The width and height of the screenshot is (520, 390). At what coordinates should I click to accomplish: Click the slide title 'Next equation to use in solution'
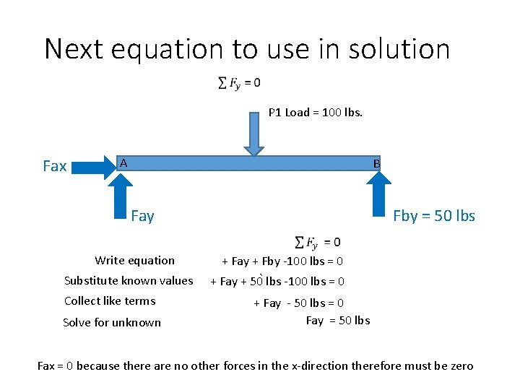coord(247,49)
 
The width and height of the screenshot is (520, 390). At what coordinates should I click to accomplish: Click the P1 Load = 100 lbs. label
coord(316,112)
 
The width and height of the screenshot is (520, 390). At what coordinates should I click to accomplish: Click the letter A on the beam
coord(123,163)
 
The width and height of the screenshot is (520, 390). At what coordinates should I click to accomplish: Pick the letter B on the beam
coord(376,164)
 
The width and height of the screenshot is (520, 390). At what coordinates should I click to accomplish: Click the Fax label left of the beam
coord(55,166)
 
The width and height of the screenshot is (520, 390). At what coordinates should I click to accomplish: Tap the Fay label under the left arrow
coord(142,216)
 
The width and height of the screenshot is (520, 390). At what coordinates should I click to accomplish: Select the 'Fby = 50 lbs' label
coord(433,216)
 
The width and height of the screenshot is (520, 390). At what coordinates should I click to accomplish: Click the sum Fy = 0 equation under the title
coord(240,84)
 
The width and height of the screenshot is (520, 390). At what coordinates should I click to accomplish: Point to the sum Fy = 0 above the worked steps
coord(318,242)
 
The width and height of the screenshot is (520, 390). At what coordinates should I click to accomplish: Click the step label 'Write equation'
coord(134,261)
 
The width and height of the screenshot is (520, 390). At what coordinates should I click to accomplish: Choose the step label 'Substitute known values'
coord(129,281)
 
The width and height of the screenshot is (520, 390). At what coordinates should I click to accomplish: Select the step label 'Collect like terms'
coord(110,301)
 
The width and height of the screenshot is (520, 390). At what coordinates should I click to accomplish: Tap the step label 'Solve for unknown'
coord(112,322)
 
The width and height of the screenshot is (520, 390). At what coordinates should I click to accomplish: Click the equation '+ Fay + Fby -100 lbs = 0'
coord(282,261)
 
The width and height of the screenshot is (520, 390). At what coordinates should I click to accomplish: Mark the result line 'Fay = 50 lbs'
coord(338,321)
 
